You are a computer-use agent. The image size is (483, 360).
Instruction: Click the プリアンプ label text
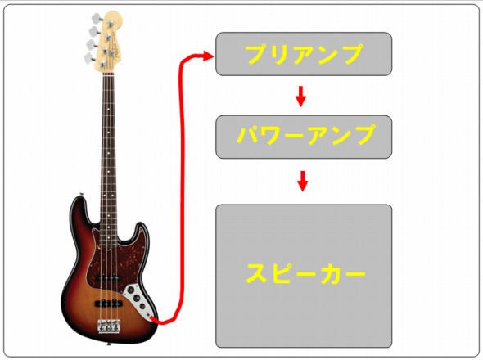tap(304, 54)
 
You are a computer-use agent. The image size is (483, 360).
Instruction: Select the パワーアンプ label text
tap(306, 135)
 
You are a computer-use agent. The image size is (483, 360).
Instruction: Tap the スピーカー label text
tap(305, 273)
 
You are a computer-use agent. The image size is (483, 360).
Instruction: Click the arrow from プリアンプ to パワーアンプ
tap(300, 97)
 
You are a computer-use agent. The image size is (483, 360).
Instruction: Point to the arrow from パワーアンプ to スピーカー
tap(303, 181)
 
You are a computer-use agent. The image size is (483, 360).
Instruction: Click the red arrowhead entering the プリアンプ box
tap(208, 56)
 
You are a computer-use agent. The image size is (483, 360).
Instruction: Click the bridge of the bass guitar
tap(108, 326)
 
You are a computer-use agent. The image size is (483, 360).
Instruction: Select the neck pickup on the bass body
tap(108, 277)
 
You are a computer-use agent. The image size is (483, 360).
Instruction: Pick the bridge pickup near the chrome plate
tap(108, 304)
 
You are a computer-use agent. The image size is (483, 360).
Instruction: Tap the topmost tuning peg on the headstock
tap(96, 17)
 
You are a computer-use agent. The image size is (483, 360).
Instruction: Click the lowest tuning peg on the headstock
tap(89, 57)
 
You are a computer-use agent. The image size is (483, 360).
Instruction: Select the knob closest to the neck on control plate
tap(131, 290)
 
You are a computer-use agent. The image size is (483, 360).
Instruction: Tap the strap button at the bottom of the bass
tap(108, 344)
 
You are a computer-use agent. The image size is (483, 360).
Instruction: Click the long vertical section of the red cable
tap(181, 185)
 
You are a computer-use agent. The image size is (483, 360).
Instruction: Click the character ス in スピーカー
tap(256, 273)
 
